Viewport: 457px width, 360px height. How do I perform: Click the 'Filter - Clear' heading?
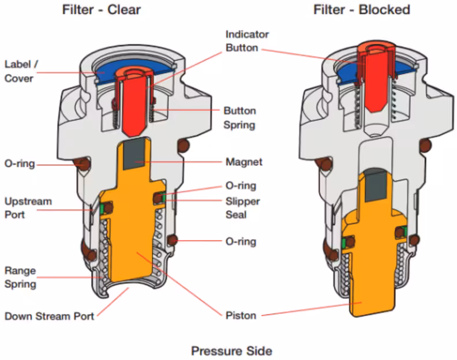click(101, 9)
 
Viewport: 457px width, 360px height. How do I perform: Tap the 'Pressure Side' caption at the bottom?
click(231, 350)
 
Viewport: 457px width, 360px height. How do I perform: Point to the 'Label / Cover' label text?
click(19, 71)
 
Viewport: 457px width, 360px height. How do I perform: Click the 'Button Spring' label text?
click(239, 117)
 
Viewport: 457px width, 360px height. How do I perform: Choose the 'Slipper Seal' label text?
click(242, 208)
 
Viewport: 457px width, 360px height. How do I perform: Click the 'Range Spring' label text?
click(20, 277)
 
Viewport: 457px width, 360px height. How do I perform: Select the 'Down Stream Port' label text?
click(50, 316)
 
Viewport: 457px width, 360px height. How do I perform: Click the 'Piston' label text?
click(241, 316)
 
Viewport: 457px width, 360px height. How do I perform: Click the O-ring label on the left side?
click(19, 164)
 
